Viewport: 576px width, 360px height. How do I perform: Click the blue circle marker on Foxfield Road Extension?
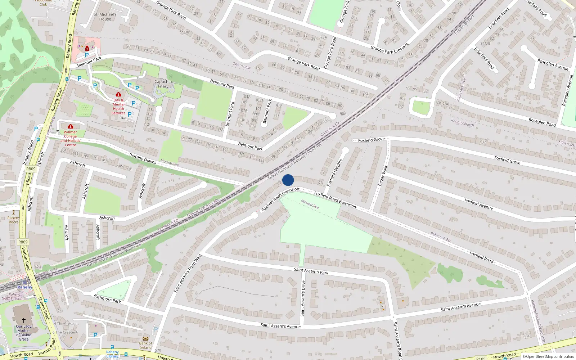288,180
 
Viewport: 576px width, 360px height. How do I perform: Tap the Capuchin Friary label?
163,84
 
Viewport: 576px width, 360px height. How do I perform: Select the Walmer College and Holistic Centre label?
71,139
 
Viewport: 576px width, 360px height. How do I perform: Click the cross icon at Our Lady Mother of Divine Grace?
24,320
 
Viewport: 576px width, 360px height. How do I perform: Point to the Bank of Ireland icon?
145,338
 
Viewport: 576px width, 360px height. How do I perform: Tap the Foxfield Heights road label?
334,173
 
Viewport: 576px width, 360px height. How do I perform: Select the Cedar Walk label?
383,176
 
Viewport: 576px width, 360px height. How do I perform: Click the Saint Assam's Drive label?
303,298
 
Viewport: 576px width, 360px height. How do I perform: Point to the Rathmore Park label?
107,299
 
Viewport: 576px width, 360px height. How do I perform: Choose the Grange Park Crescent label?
390,48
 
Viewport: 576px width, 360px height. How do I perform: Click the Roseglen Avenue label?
553,64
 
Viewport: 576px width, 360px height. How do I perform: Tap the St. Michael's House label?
105,17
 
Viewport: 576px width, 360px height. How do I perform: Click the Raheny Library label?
112,354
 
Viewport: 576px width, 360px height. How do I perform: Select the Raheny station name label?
25,287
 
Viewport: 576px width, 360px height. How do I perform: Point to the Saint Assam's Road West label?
188,273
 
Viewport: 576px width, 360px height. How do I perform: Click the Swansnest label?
242,66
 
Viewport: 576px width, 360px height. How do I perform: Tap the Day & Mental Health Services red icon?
118,95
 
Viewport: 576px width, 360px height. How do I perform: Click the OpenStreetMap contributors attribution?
548,356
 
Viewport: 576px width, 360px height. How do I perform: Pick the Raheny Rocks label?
14,220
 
